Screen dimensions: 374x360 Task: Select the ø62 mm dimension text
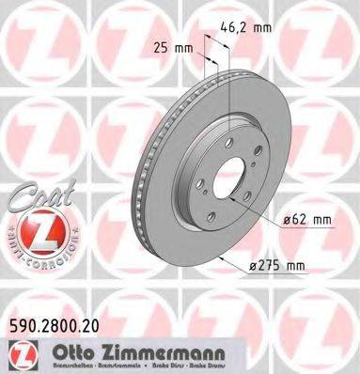coord(305,221)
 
